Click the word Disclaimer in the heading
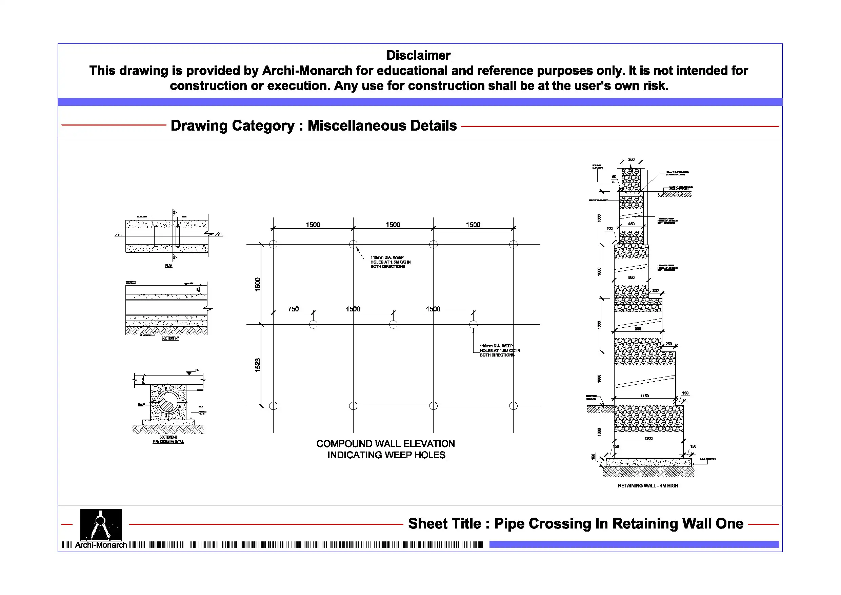point(418,55)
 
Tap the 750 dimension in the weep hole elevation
point(293,309)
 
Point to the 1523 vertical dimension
point(258,365)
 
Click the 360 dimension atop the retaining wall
point(631,159)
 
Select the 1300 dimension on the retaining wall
point(648,439)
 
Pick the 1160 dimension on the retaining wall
point(644,396)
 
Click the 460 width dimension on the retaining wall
point(631,224)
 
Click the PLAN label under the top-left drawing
point(168,265)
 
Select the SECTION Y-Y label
point(170,338)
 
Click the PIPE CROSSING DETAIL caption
point(168,442)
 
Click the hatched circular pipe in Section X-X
point(168,402)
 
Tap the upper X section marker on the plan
point(174,212)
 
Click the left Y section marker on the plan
point(119,234)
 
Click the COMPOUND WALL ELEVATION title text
point(385,444)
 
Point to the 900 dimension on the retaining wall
point(638,329)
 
